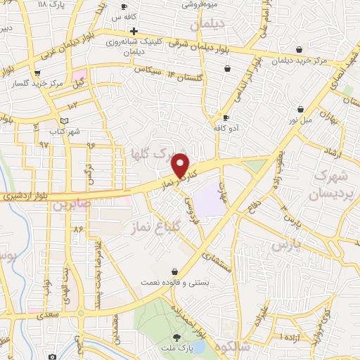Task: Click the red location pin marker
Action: pos(181,165)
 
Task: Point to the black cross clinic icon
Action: pos(134,32)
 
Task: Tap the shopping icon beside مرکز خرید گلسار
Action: pos(37,72)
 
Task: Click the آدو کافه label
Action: pos(227,129)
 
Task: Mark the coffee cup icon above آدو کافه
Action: pos(226,117)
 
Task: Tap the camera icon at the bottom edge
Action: pos(52,356)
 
